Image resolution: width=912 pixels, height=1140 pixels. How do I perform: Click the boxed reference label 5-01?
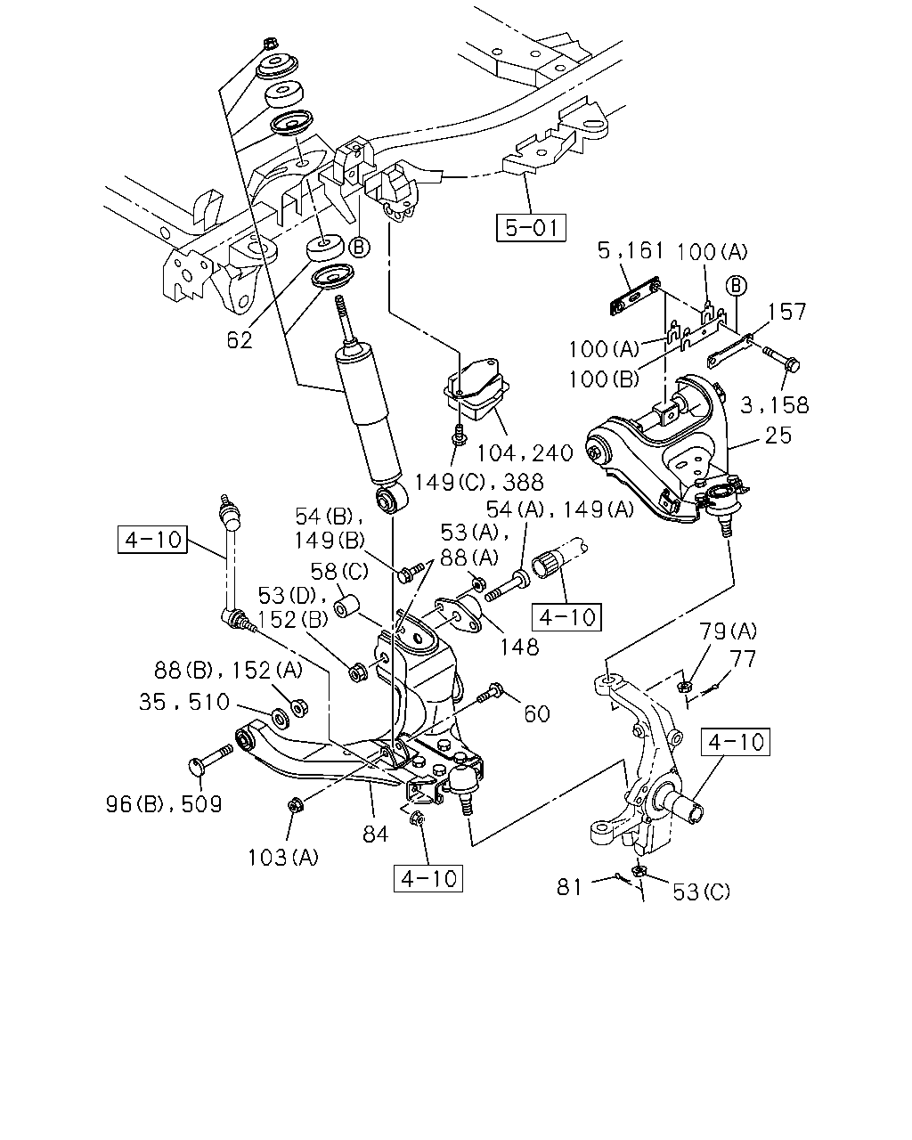[531, 228]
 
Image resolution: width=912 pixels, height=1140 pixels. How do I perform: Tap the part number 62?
[240, 340]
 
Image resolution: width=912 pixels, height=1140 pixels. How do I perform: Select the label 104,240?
[525, 453]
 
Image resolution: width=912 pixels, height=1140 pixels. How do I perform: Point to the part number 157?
[787, 312]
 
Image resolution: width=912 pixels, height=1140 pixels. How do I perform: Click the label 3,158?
[774, 405]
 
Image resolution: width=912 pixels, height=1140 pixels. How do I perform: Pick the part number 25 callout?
[778, 436]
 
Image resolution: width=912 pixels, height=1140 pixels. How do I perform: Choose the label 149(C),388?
[479, 482]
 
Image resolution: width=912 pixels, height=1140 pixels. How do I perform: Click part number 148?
[520, 647]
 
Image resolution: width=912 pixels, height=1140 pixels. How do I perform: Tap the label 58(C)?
[339, 572]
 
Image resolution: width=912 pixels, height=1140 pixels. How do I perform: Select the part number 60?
[537, 714]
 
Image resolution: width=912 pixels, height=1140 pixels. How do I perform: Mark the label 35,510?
[183, 703]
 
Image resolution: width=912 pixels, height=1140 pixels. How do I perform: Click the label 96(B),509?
[164, 804]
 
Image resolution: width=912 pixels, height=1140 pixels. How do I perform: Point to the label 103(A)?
[283, 858]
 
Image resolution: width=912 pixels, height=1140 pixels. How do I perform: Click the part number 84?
[375, 835]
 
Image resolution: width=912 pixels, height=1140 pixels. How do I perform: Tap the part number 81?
[569, 887]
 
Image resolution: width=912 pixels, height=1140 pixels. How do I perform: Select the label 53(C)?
[702, 892]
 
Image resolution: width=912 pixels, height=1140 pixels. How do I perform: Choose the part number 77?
[743, 659]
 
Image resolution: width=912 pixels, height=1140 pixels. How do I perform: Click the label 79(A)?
[729, 631]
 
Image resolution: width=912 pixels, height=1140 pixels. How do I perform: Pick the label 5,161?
[631, 250]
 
